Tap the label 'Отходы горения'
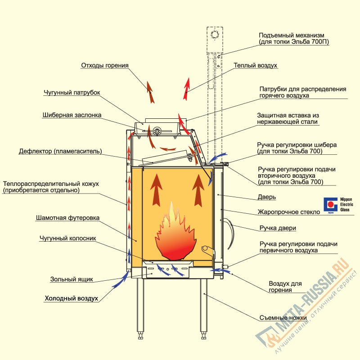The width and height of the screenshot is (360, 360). coord(105,66)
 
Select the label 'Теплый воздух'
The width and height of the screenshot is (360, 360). coord(255,66)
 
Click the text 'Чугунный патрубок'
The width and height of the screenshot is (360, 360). coord(72,93)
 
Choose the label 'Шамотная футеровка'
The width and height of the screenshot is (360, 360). coord(68,218)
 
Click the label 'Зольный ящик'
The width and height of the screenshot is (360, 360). coord(72,279)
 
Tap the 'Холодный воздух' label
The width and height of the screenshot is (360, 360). coord(71,298)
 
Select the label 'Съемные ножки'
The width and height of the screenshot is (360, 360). coord(283,318)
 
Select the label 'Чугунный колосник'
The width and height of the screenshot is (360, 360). coord(67,238)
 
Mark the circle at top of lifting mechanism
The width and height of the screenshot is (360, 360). coord(215,35)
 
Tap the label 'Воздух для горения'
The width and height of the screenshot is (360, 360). coord(287,287)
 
